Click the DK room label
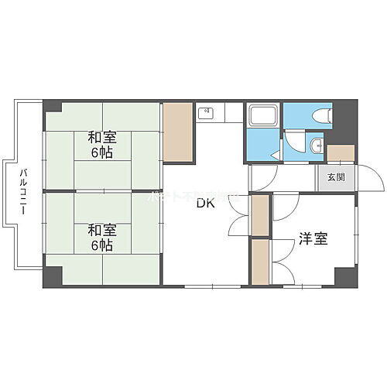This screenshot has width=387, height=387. click(204, 204)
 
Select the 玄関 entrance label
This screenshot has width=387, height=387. click(336, 177)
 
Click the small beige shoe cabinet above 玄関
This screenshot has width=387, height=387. click(340, 153)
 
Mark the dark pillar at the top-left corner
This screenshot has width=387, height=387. click(52, 107)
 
